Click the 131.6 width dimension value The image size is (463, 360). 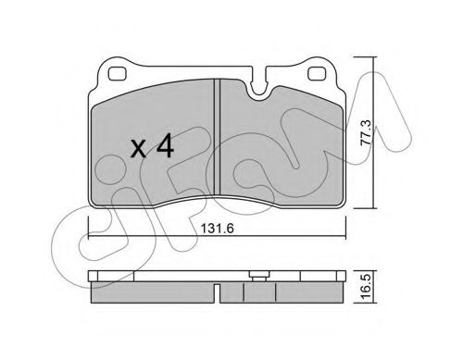(x=218, y=229)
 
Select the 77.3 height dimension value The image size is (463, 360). (x=367, y=132)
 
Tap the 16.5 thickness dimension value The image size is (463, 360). (x=366, y=287)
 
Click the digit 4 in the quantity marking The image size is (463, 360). (x=165, y=145)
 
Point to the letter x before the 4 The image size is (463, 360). (x=139, y=149)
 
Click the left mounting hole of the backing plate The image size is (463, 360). (x=118, y=74)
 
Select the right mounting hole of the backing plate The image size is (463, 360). (x=317, y=74)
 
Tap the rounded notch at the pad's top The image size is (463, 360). (x=258, y=87)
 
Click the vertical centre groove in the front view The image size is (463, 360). (x=217, y=137)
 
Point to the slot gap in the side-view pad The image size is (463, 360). (x=218, y=293)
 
